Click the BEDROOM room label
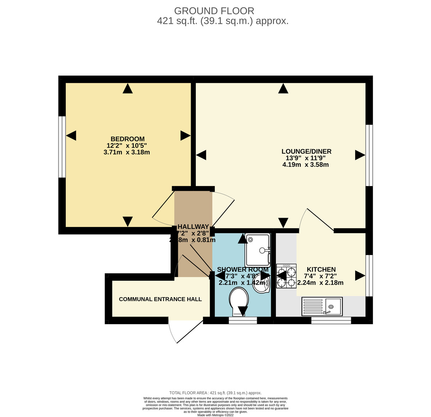tap(128, 139)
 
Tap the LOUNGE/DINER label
tap(306, 151)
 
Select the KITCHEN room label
tap(321, 269)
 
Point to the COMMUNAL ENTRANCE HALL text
tap(160, 299)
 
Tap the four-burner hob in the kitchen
tap(286, 276)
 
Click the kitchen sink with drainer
tap(322, 307)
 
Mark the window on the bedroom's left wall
tap(62, 147)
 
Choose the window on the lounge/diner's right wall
tap(369, 155)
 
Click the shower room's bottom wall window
tap(243, 321)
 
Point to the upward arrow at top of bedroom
tap(128, 89)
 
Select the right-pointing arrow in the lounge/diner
tap(360, 155)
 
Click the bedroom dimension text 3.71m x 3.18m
tap(126, 152)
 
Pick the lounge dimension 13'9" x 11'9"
tap(305, 158)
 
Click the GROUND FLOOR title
tap(214, 11)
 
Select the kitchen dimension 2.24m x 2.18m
tap(320, 283)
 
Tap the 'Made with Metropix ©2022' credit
tap(215, 415)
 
